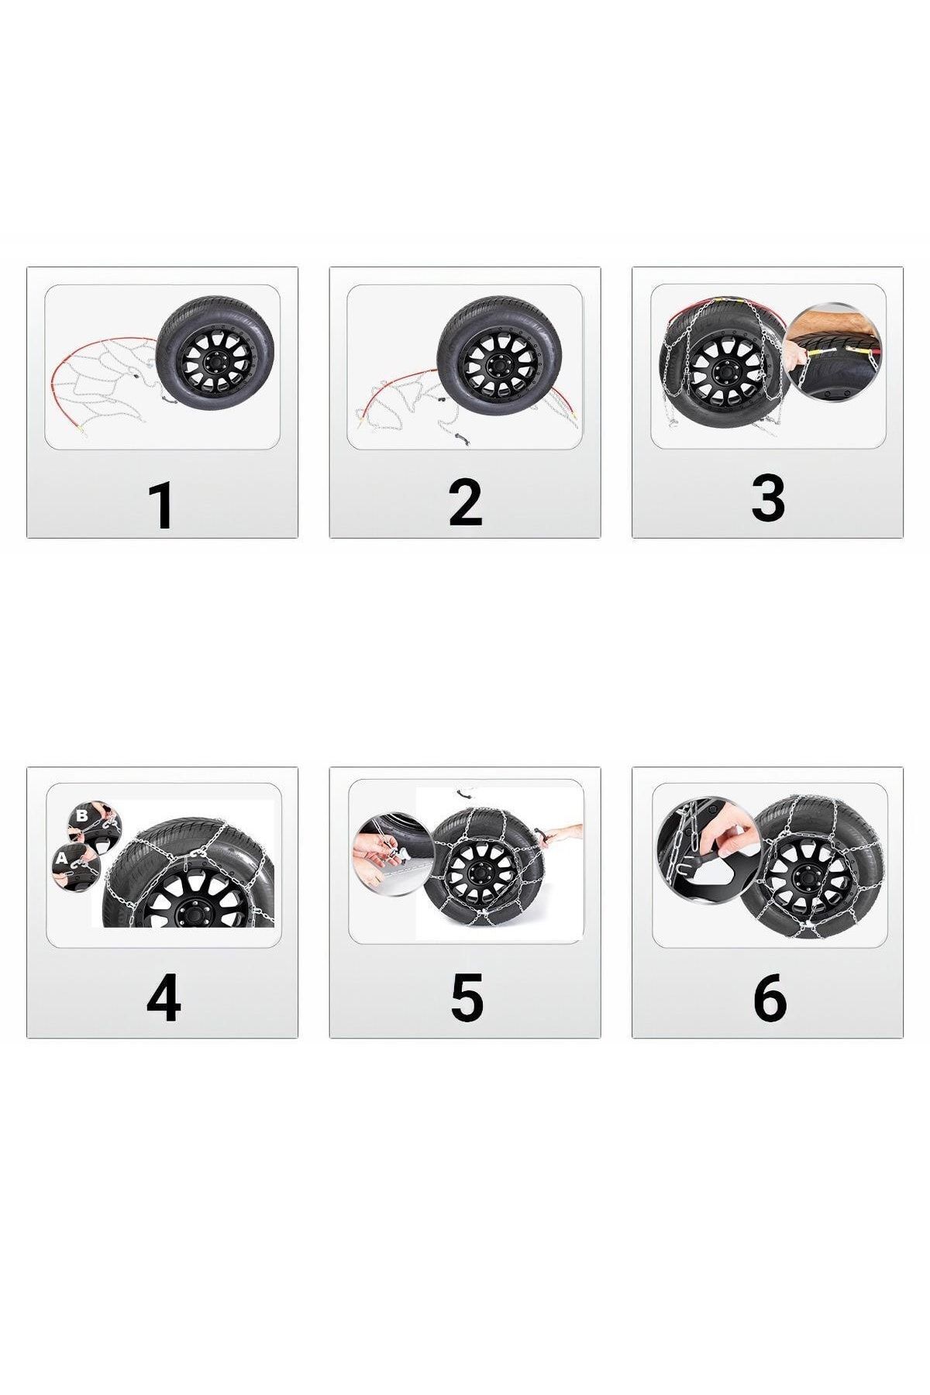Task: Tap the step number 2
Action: click(x=465, y=504)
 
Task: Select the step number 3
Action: click(x=768, y=498)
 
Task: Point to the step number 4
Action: click(x=164, y=1000)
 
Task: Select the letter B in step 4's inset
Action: click(x=82, y=815)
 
